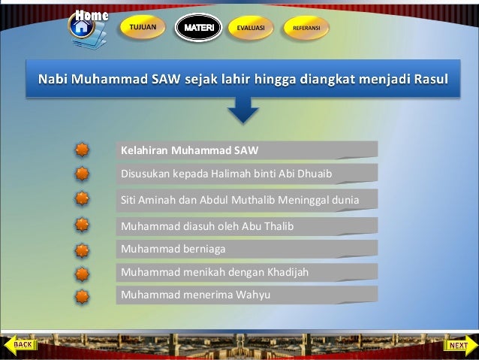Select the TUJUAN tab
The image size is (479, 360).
[143, 27]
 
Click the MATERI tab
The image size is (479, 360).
[198, 28]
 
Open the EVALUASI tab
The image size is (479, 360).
[250, 28]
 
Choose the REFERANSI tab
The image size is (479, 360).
[306, 28]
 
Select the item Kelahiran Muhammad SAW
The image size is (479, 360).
[190, 150]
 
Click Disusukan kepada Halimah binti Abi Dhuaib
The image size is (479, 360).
[226, 174]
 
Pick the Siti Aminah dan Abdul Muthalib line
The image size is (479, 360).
[239, 200]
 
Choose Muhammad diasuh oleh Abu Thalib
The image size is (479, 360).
[207, 225]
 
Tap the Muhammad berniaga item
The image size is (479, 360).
[173, 248]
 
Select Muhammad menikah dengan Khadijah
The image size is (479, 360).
[215, 271]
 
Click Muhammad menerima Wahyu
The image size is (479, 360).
[195, 295]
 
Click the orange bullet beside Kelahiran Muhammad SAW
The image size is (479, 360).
[83, 150]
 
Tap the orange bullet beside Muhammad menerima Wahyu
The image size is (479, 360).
[83, 295]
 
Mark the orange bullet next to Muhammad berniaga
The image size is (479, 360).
[83, 249]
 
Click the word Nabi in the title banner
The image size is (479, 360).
[53, 79]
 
